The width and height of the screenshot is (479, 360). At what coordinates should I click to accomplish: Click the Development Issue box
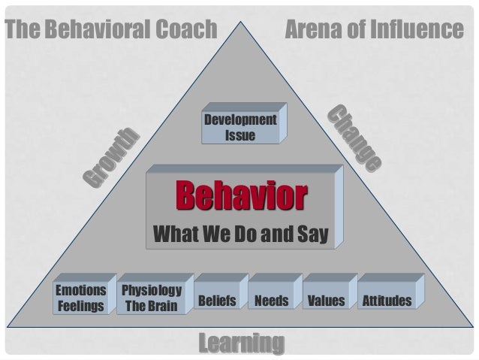click(240, 128)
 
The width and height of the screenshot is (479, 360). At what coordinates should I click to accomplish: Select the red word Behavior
click(241, 197)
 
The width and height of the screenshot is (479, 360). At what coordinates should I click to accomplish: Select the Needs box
click(271, 301)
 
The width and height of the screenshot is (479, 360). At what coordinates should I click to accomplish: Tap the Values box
click(326, 301)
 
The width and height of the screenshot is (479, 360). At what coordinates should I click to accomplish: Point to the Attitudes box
click(386, 301)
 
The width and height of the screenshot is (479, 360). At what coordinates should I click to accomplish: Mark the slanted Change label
click(355, 140)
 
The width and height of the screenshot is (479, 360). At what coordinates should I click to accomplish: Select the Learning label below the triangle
click(240, 343)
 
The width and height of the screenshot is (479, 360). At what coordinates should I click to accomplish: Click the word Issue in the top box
click(240, 135)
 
